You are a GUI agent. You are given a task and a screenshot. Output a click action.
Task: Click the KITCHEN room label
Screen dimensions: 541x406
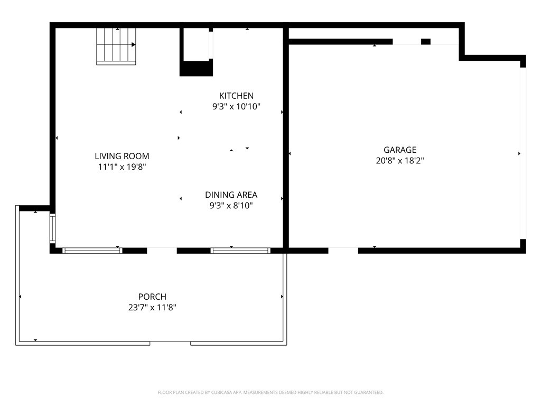point(236,96)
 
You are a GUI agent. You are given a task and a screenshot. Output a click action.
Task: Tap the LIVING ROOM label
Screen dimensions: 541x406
point(122,156)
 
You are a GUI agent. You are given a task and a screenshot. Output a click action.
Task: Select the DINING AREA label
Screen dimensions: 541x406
point(231,195)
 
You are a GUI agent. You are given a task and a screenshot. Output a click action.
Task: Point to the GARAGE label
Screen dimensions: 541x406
point(400,150)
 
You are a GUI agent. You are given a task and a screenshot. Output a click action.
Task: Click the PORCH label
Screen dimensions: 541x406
point(152,297)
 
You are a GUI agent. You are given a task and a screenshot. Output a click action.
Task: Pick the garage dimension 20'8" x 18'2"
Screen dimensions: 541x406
point(400,161)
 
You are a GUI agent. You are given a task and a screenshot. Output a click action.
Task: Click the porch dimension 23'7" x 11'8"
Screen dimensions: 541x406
point(152,307)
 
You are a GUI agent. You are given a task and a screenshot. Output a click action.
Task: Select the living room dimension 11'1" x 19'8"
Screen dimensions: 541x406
point(122,167)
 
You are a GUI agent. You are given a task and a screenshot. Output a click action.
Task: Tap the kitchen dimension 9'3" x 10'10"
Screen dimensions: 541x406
point(236,106)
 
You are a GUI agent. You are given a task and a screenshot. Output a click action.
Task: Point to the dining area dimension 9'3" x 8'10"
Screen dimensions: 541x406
point(231,206)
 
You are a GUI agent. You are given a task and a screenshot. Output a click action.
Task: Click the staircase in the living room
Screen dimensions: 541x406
point(116,47)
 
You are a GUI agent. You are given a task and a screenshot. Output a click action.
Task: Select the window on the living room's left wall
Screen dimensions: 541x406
point(52,228)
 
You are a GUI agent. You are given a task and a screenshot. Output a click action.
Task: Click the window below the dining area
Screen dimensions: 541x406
point(240,251)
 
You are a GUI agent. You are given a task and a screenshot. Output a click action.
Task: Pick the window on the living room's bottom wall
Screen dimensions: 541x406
point(92,251)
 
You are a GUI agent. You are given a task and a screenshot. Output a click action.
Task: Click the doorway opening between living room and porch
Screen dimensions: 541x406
point(162,251)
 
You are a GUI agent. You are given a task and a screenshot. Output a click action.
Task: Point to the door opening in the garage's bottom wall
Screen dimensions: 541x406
point(343,251)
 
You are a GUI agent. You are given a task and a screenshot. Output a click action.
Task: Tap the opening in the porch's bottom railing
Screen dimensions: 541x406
point(170,343)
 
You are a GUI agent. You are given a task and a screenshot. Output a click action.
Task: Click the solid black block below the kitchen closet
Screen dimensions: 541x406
point(196,68)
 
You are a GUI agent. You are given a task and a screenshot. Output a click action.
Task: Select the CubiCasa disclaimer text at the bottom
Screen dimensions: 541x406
point(270,392)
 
